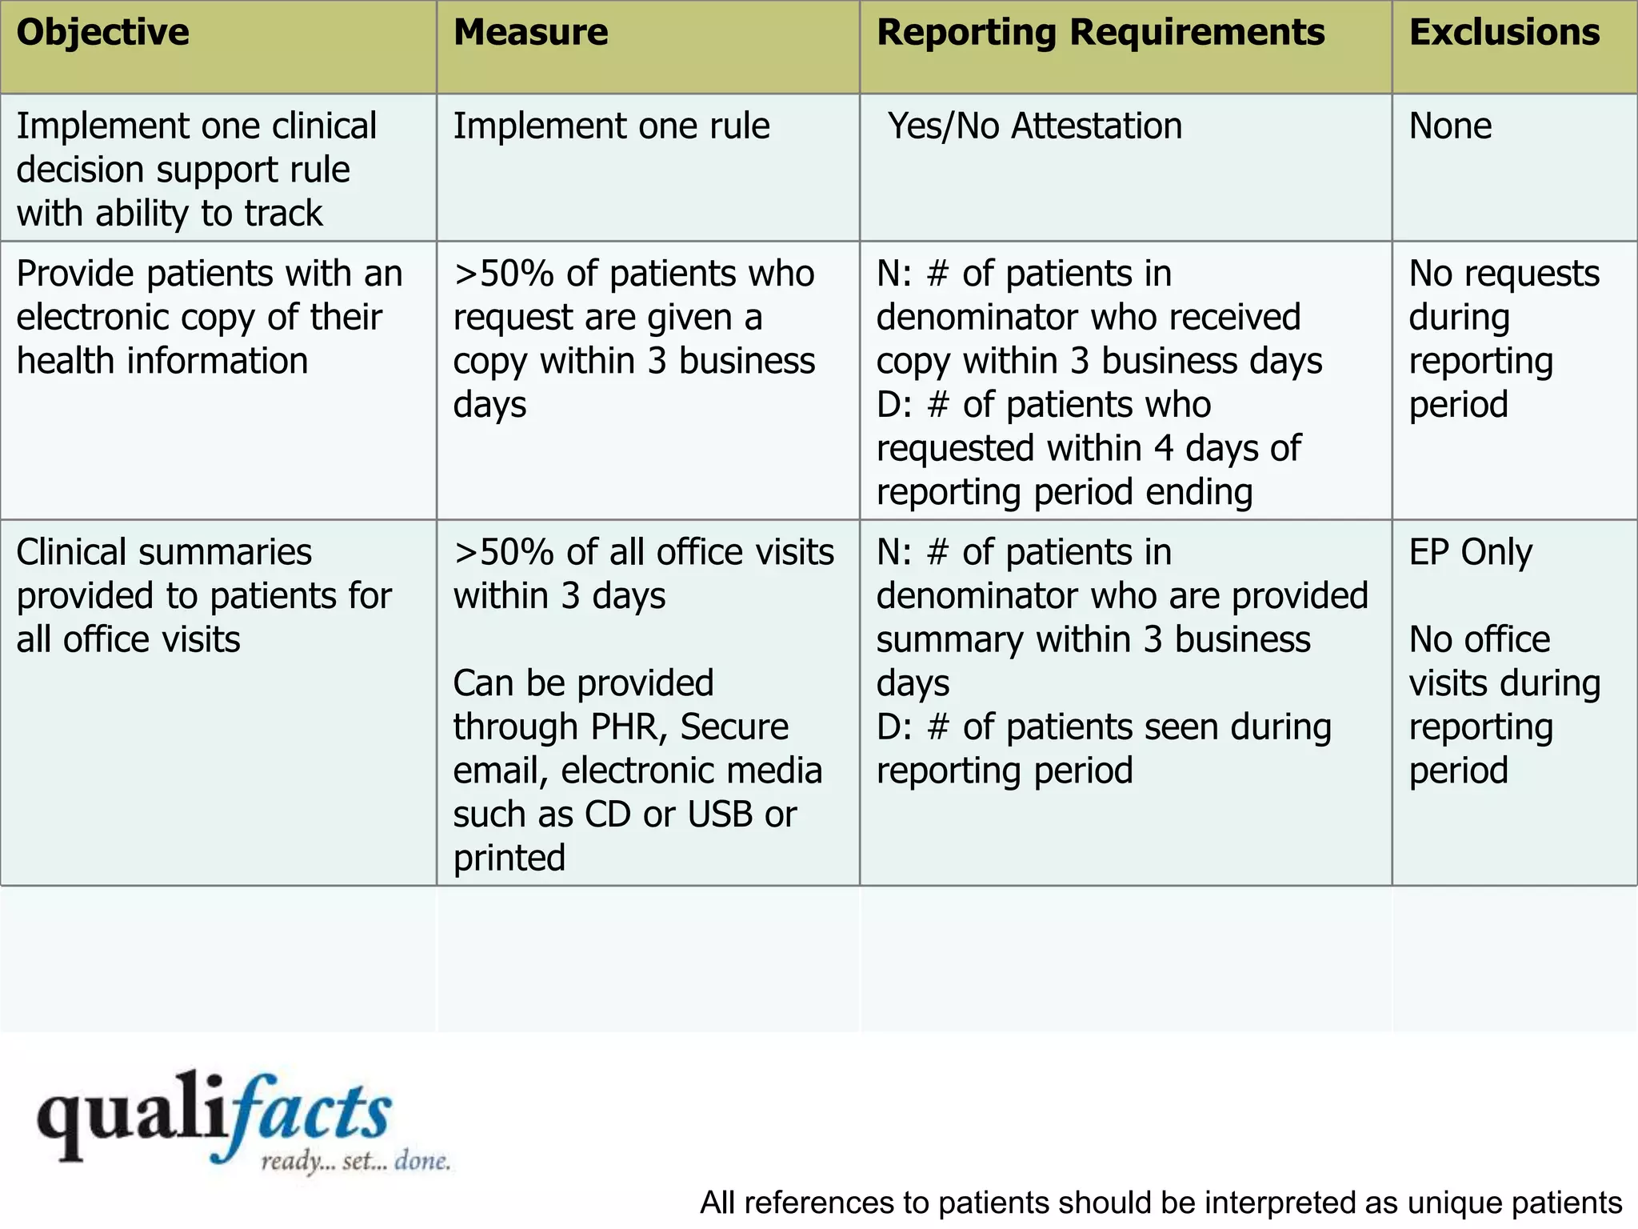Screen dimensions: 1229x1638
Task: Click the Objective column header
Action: tap(102, 34)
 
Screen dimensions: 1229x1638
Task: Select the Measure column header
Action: tap(530, 34)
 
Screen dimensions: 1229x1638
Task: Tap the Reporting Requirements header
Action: tap(1101, 34)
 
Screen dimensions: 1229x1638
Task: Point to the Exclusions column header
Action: tap(1504, 34)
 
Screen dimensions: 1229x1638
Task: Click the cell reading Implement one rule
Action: tap(611, 126)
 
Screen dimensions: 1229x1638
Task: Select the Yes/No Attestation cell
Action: tap(1034, 126)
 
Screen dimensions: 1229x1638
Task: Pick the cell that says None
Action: tap(1449, 126)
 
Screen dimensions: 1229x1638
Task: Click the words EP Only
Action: tap(1470, 552)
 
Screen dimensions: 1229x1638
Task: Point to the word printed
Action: tap(509, 859)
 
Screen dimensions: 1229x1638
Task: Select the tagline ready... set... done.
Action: tap(355, 1161)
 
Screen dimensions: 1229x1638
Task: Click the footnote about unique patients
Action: tap(1161, 1203)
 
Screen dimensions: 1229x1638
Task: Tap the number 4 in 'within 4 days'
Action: tap(1164, 448)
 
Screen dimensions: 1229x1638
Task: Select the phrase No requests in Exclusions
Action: tap(1504, 274)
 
